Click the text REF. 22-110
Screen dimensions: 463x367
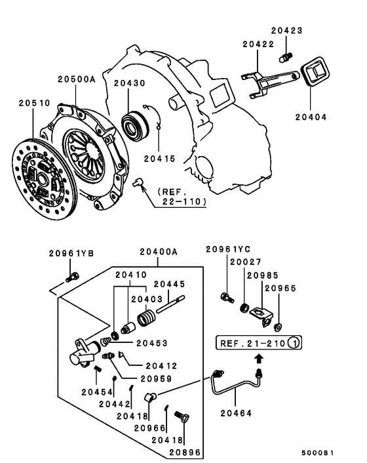point(179,197)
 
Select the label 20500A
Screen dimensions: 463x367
point(76,79)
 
